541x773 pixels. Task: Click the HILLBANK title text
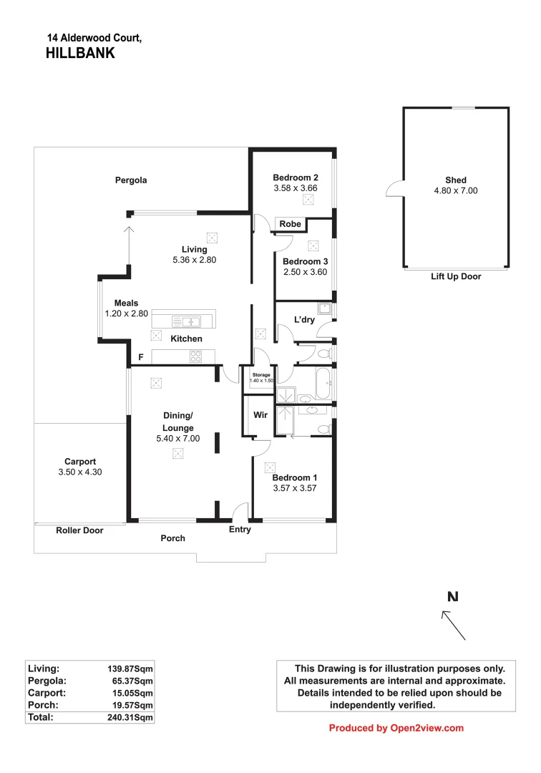[80, 52]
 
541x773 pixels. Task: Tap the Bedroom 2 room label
[296, 178]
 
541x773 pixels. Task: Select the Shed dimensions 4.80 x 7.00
[455, 191]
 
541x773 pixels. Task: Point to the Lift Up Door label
[456, 276]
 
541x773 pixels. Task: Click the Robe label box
[290, 224]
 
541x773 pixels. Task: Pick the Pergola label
[131, 180]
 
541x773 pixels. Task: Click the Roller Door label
[79, 530]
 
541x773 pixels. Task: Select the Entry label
[240, 530]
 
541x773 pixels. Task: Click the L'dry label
[305, 320]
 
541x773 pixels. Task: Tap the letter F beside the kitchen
[141, 356]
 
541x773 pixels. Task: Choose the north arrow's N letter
[452, 596]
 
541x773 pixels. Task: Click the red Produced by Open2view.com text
[396, 728]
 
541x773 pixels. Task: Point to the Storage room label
[260, 374]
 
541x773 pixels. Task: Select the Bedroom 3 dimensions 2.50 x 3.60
[306, 272]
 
